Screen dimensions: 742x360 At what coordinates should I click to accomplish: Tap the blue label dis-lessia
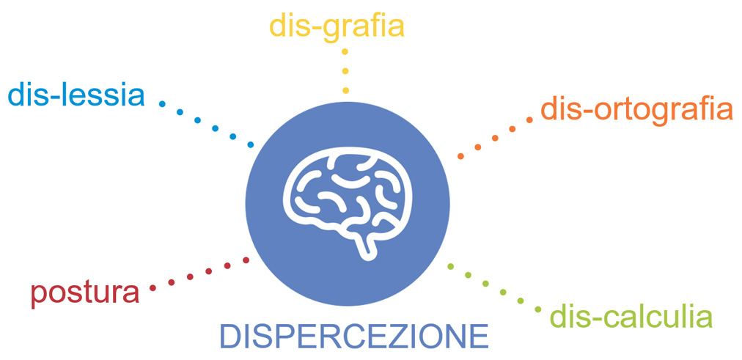[76, 95]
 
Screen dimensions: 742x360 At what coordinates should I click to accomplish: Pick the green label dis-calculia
[631, 317]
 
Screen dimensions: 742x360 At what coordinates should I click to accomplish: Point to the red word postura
[85, 294]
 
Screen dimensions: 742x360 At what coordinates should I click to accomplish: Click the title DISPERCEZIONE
[354, 337]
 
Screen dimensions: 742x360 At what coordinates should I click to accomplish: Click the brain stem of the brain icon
[367, 246]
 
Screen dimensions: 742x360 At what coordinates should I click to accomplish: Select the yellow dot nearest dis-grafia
[345, 51]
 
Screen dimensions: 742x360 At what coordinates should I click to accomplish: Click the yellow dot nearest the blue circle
[345, 90]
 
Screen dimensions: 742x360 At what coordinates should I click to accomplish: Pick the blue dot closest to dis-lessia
[162, 103]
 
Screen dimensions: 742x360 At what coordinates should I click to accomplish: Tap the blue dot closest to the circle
[251, 144]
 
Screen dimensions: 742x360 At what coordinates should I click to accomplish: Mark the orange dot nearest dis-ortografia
[529, 120]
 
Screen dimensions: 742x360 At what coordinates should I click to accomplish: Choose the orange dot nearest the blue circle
[460, 156]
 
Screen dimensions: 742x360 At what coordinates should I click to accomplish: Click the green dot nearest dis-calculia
[538, 309]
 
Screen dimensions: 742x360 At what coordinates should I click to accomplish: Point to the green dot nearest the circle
[450, 266]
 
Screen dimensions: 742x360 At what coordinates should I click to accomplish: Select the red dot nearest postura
[153, 287]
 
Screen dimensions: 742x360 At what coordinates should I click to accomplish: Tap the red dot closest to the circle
[246, 260]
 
